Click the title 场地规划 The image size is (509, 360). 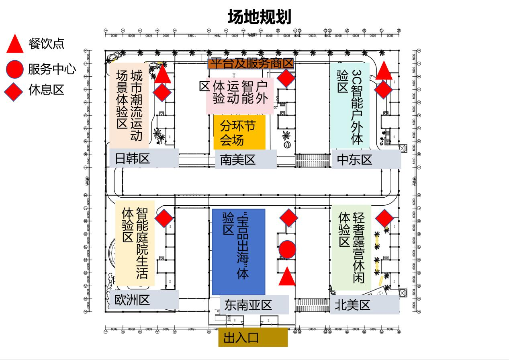click(259, 17)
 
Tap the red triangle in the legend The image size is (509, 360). click(16, 44)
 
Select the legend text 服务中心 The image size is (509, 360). click(52, 69)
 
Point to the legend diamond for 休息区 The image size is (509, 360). click(14, 90)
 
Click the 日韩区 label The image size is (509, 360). click(144, 158)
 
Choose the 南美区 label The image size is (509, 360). click(245, 160)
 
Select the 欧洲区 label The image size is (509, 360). click(143, 300)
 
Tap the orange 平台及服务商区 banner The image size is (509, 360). click(251, 63)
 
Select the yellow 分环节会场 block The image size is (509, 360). click(239, 133)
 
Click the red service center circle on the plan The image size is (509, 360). click(287, 250)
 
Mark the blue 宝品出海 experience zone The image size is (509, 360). click(239, 252)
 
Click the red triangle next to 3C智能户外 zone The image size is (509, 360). click(384, 71)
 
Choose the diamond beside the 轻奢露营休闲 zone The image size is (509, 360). click(384, 218)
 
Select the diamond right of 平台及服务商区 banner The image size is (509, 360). click(286, 78)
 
